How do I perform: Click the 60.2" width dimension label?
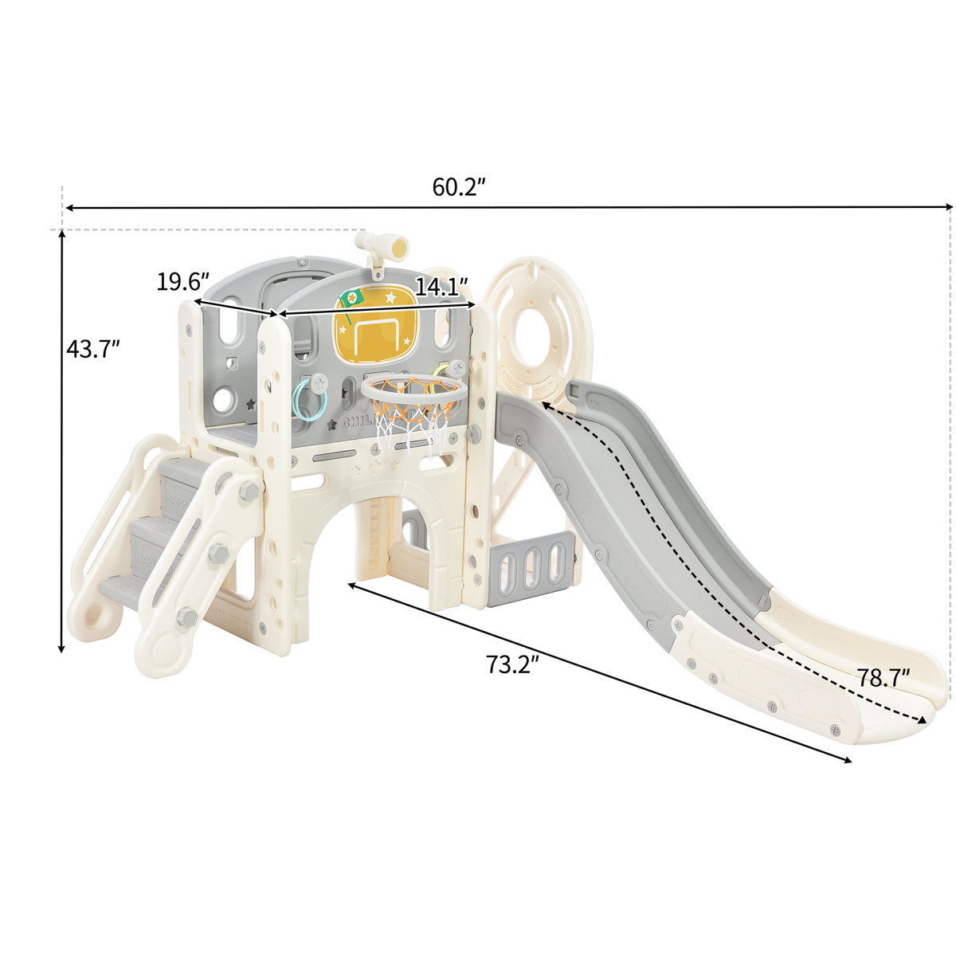click(459, 187)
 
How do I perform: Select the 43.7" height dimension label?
click(93, 349)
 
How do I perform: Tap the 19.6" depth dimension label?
click(182, 282)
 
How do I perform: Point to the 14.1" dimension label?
click(441, 287)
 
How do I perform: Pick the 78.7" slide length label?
click(884, 679)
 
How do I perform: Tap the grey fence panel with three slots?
click(530, 569)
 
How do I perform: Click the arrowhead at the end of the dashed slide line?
click(924, 720)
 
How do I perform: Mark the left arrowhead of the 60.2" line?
click(69, 208)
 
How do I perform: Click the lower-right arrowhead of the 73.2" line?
click(848, 760)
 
